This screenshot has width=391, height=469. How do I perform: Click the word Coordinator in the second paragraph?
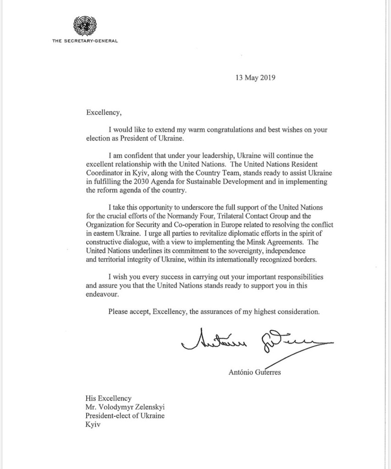105,174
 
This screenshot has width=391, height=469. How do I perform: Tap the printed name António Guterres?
254,372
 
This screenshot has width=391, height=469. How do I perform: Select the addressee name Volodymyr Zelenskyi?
131,407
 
